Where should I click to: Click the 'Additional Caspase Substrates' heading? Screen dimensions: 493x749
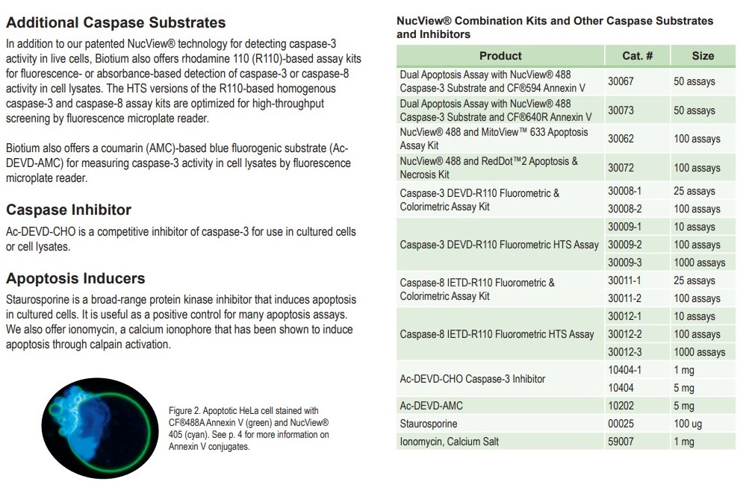pos(116,22)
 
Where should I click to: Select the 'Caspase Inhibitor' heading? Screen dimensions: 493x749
pos(69,210)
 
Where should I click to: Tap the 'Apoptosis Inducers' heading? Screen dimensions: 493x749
pos(75,278)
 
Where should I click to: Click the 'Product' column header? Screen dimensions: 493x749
pos(500,56)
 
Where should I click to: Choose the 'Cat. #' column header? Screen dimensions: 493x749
pos(637,56)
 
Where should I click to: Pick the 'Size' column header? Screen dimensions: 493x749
pos(702,56)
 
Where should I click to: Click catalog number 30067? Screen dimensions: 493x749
pos(621,81)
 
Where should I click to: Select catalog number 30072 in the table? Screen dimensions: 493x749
pos(621,168)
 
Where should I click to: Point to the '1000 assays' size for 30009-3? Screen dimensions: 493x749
pos(699,263)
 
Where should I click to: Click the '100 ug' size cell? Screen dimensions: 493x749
pos(689,424)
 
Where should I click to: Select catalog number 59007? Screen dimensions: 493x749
pos(621,442)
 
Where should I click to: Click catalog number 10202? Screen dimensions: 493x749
pos(621,406)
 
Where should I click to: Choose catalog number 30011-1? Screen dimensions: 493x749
pos(624,280)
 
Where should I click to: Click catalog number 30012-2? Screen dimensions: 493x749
pos(624,334)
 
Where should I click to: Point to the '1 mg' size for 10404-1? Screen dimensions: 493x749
pos(684,370)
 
